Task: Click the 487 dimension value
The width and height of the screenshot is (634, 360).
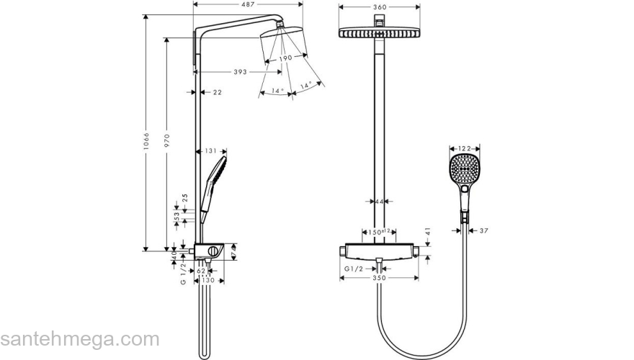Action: [248, 5]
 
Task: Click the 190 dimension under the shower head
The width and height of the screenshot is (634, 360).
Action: [285, 58]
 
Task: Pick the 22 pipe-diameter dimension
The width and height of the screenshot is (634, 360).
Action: [218, 92]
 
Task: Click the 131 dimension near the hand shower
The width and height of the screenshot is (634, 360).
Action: [210, 150]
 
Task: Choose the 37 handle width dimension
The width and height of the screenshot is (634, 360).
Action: [484, 230]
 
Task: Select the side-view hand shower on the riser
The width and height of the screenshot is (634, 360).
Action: [215, 176]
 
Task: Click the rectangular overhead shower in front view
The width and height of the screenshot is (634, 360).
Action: [378, 34]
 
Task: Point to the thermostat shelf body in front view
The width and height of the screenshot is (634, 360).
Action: [378, 251]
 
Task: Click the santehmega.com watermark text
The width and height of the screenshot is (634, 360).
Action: [79, 339]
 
